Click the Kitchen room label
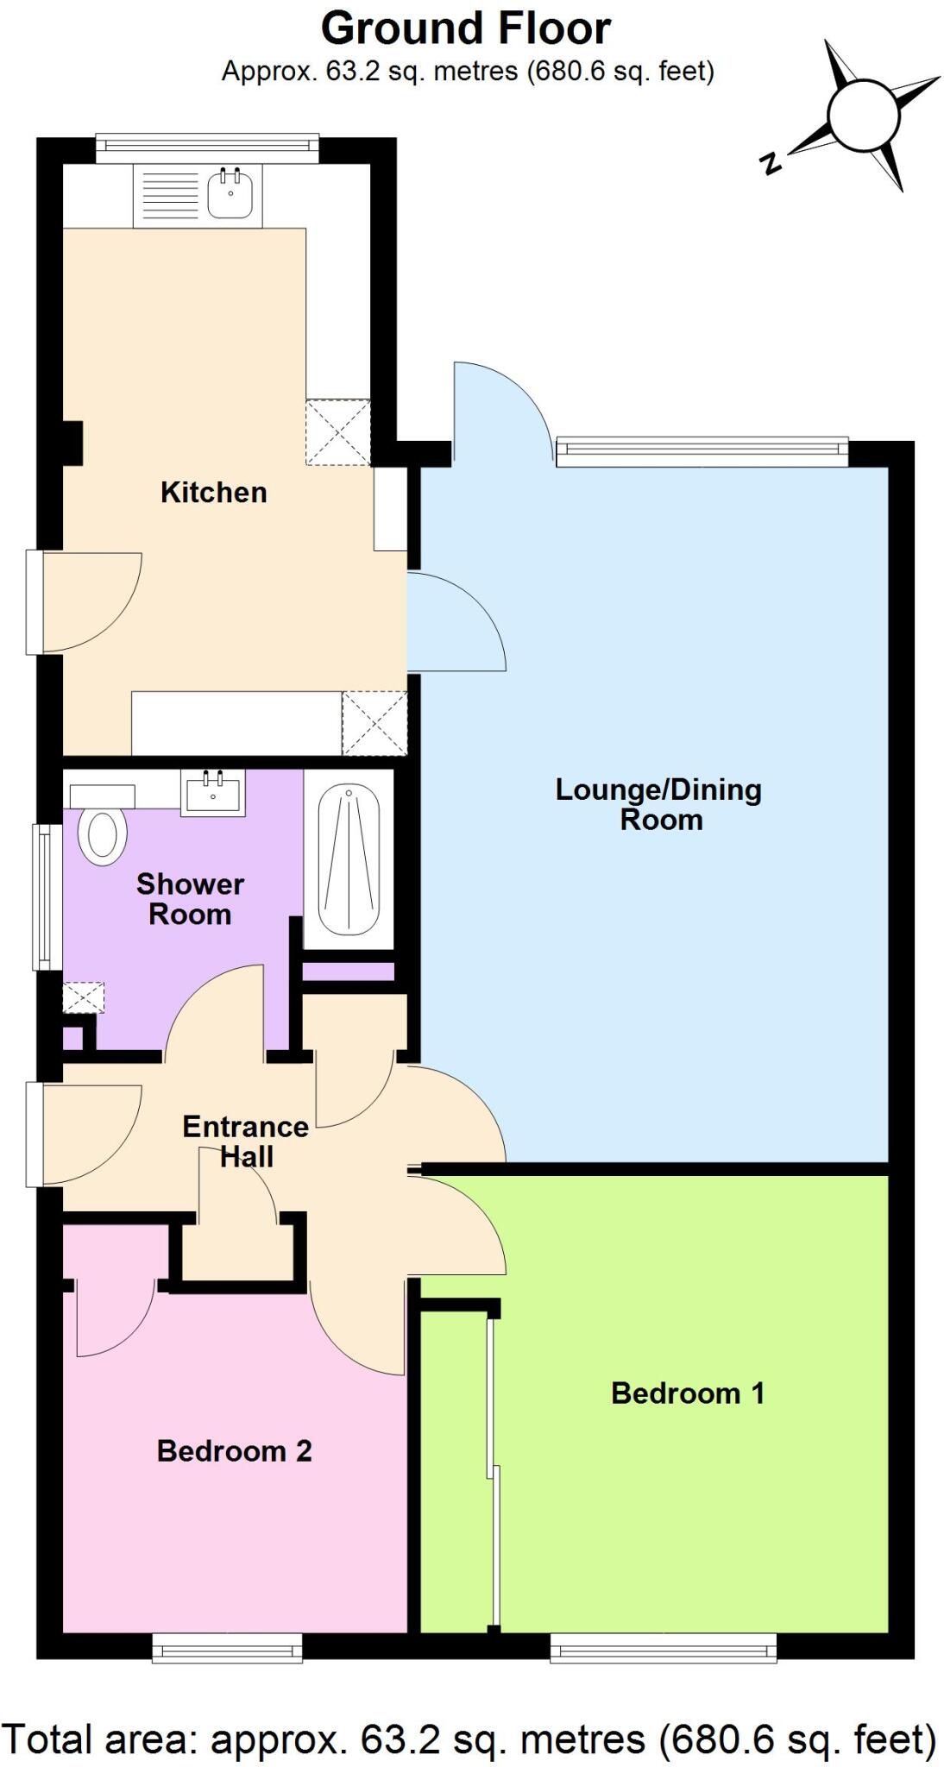pos(213,493)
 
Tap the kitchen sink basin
pos(230,196)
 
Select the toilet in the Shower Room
pos(102,835)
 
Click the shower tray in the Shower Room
pos(349,860)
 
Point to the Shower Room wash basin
pos(212,793)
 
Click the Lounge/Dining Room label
pos(659,804)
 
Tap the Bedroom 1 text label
pos(688,1393)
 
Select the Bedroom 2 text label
pos(234,1451)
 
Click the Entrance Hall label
pos(246,1141)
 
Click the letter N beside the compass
pos(770,162)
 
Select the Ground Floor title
pos(466,28)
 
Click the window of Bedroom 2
pos(228,1650)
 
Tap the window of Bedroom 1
pos(663,1650)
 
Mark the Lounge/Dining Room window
pos(702,451)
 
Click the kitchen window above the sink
pos(206,148)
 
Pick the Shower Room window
pos(41,896)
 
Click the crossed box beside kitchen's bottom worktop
pos(374,723)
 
